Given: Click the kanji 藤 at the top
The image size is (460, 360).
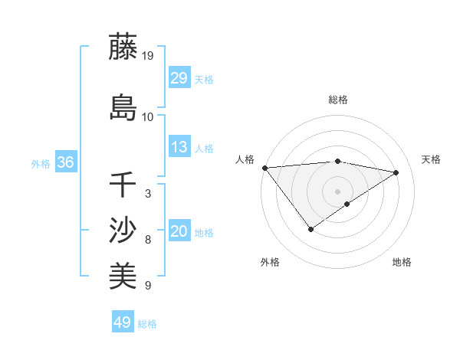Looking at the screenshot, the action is click(x=123, y=47).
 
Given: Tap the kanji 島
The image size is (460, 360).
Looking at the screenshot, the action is click(x=123, y=106).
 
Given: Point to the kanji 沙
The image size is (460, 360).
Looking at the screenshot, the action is click(x=123, y=230).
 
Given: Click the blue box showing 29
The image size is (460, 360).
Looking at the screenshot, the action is click(x=179, y=78).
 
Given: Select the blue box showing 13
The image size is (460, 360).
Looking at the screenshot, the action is click(x=179, y=148).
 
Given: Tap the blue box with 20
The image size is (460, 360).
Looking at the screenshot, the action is click(x=179, y=232).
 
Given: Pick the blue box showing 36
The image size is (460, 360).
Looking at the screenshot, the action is click(x=65, y=162).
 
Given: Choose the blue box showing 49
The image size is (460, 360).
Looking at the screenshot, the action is click(x=122, y=322).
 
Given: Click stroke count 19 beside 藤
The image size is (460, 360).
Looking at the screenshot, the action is click(x=148, y=55).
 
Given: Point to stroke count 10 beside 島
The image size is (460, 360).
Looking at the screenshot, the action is click(x=148, y=116).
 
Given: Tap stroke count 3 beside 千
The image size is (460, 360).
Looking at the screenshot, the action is click(x=148, y=194).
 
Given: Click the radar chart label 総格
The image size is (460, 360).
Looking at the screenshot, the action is click(x=337, y=100).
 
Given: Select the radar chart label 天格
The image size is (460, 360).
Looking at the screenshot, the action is click(x=431, y=159).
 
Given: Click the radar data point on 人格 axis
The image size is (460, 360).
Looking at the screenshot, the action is click(x=264, y=168).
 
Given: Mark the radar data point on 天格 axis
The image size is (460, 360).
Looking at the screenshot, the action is click(x=396, y=172).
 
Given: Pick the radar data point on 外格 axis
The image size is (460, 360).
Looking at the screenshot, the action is click(x=310, y=229).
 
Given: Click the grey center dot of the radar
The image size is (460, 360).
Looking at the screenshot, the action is click(x=337, y=191).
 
